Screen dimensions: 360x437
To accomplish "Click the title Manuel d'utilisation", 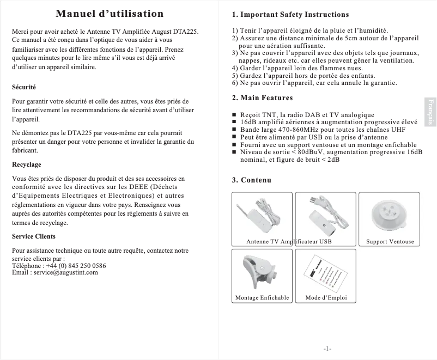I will coord(110,14).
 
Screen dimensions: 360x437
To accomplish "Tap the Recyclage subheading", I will coord(27,164).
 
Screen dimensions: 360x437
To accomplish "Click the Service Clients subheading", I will coord(34,236).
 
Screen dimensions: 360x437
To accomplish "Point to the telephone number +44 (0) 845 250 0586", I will coord(76,265).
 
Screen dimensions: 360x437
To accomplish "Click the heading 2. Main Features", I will coord(262,98).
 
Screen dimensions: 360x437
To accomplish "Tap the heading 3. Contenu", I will coord(251,180).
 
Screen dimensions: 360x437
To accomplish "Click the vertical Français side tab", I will coord(430,112).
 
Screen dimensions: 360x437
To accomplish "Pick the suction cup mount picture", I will coord(390,213).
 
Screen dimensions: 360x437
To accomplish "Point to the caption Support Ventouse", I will coord(390,241).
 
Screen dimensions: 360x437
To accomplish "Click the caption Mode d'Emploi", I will coord(326,298).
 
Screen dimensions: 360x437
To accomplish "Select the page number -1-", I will coord(327,348).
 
